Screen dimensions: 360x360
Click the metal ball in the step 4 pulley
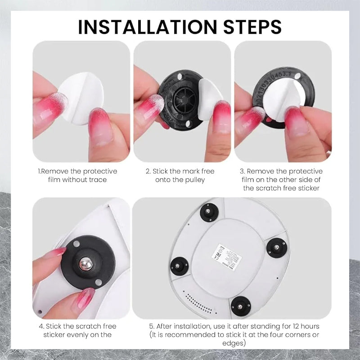[85, 263]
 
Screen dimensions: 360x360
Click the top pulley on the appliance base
[208, 211]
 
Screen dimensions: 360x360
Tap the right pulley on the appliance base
[276, 247]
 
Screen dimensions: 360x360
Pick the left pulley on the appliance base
[179, 266]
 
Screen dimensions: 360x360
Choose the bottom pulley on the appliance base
[240, 306]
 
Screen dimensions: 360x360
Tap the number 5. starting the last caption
[153, 326]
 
